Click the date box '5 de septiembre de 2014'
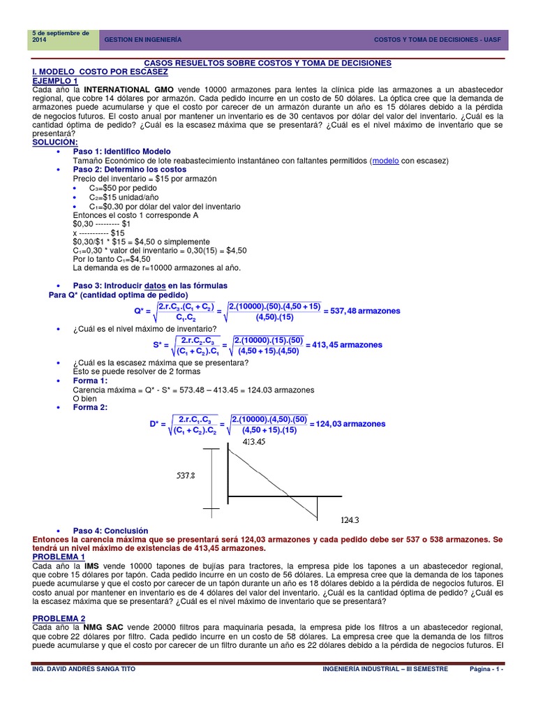point(61,37)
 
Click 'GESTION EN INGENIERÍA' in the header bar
point(142,40)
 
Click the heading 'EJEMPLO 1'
point(56,81)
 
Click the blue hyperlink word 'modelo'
point(386,161)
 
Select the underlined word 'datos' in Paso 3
point(155,286)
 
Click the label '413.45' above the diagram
point(255,442)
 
